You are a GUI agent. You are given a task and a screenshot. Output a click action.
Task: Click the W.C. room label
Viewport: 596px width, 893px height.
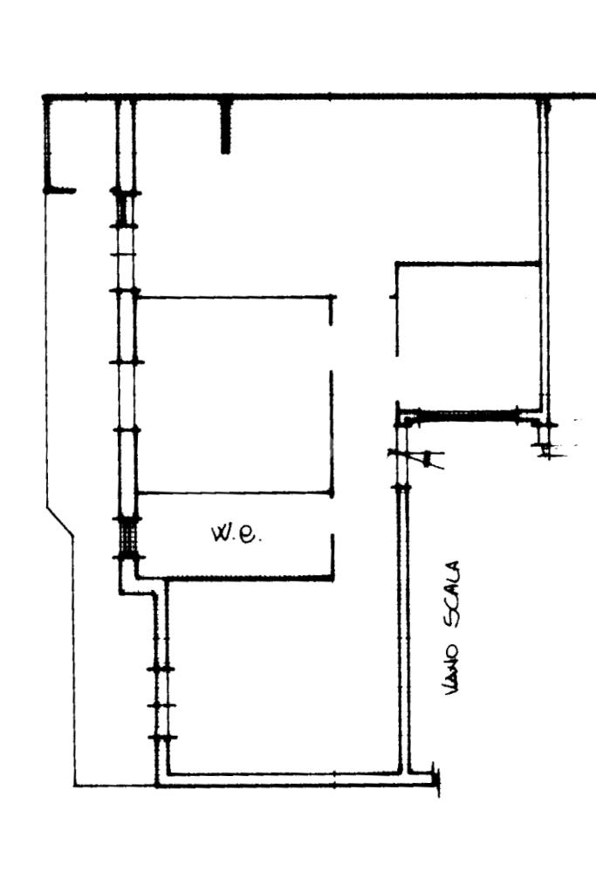point(236,532)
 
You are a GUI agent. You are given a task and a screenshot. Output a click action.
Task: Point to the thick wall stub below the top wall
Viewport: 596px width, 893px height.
point(226,127)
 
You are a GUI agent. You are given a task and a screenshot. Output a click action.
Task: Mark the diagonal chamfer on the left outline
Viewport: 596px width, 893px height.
point(60,521)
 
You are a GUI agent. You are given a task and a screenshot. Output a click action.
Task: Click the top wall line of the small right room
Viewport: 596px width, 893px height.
point(467,263)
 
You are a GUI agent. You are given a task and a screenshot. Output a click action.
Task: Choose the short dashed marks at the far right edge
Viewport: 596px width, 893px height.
point(571,436)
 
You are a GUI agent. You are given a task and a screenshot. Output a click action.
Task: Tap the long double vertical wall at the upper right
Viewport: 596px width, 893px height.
point(545,253)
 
